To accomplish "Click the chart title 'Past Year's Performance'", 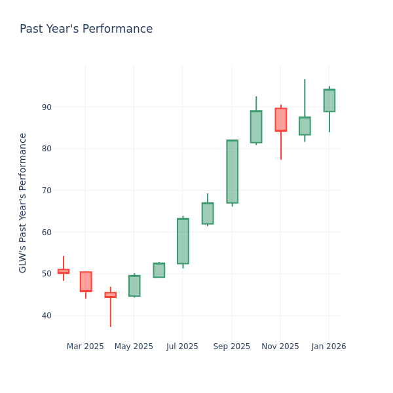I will pos(86,29).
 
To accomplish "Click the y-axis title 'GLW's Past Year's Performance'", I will pos(23,202).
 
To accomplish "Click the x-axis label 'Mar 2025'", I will pos(85,346).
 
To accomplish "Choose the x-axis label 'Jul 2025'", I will pos(182,346).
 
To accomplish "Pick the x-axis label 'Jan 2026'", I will pos(329,346).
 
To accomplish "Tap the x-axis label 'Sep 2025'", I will pos(232,346).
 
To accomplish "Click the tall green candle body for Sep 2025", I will pos(232,172).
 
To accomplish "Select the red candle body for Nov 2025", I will pos(280,120).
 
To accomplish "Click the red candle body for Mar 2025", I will pos(86,282).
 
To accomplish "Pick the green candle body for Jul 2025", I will pos(183,241).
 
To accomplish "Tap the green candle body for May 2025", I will pos(134,286).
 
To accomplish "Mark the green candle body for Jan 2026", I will pos(329,100).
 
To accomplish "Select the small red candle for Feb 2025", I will pos(64,271).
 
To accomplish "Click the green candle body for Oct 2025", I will pos(256,126).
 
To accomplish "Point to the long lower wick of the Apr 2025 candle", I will pos(110,312).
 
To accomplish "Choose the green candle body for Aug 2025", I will pos(208,214).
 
